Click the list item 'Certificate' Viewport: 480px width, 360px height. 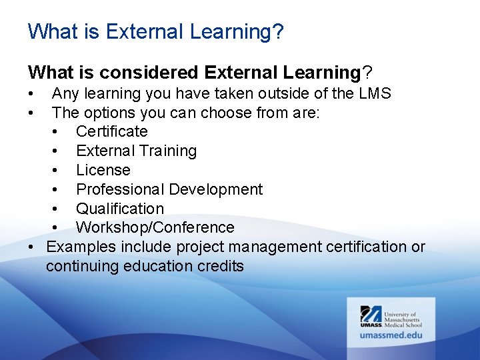(x=111, y=131)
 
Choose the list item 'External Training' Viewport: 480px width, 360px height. (x=136, y=151)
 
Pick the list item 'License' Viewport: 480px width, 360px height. (x=103, y=170)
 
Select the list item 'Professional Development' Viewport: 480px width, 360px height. (x=169, y=189)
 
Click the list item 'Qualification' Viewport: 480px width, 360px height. (x=119, y=209)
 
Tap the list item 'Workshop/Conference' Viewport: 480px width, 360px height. (x=155, y=228)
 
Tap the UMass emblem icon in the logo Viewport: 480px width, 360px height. (x=371, y=315)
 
